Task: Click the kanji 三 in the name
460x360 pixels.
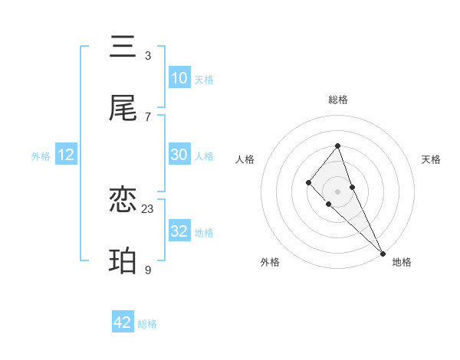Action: point(123,47)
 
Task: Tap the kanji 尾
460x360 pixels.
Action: point(123,109)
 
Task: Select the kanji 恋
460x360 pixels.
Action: point(123,201)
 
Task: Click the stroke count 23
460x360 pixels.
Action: point(148,208)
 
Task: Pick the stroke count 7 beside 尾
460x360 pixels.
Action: point(148,116)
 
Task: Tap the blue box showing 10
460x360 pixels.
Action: point(179,78)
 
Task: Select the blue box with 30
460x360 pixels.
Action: point(179,155)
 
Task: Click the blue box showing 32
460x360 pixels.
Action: point(179,231)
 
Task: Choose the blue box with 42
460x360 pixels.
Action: point(123,322)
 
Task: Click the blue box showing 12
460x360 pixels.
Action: point(66,155)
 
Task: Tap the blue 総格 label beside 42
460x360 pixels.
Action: point(147,324)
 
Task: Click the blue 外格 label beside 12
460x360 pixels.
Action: point(41,155)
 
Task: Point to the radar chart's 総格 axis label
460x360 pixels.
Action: point(337,100)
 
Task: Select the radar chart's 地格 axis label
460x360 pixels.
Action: point(402,262)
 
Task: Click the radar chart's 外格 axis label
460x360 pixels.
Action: point(270,262)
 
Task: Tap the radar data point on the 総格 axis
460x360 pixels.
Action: point(337,146)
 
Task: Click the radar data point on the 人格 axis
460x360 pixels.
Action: point(308,182)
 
